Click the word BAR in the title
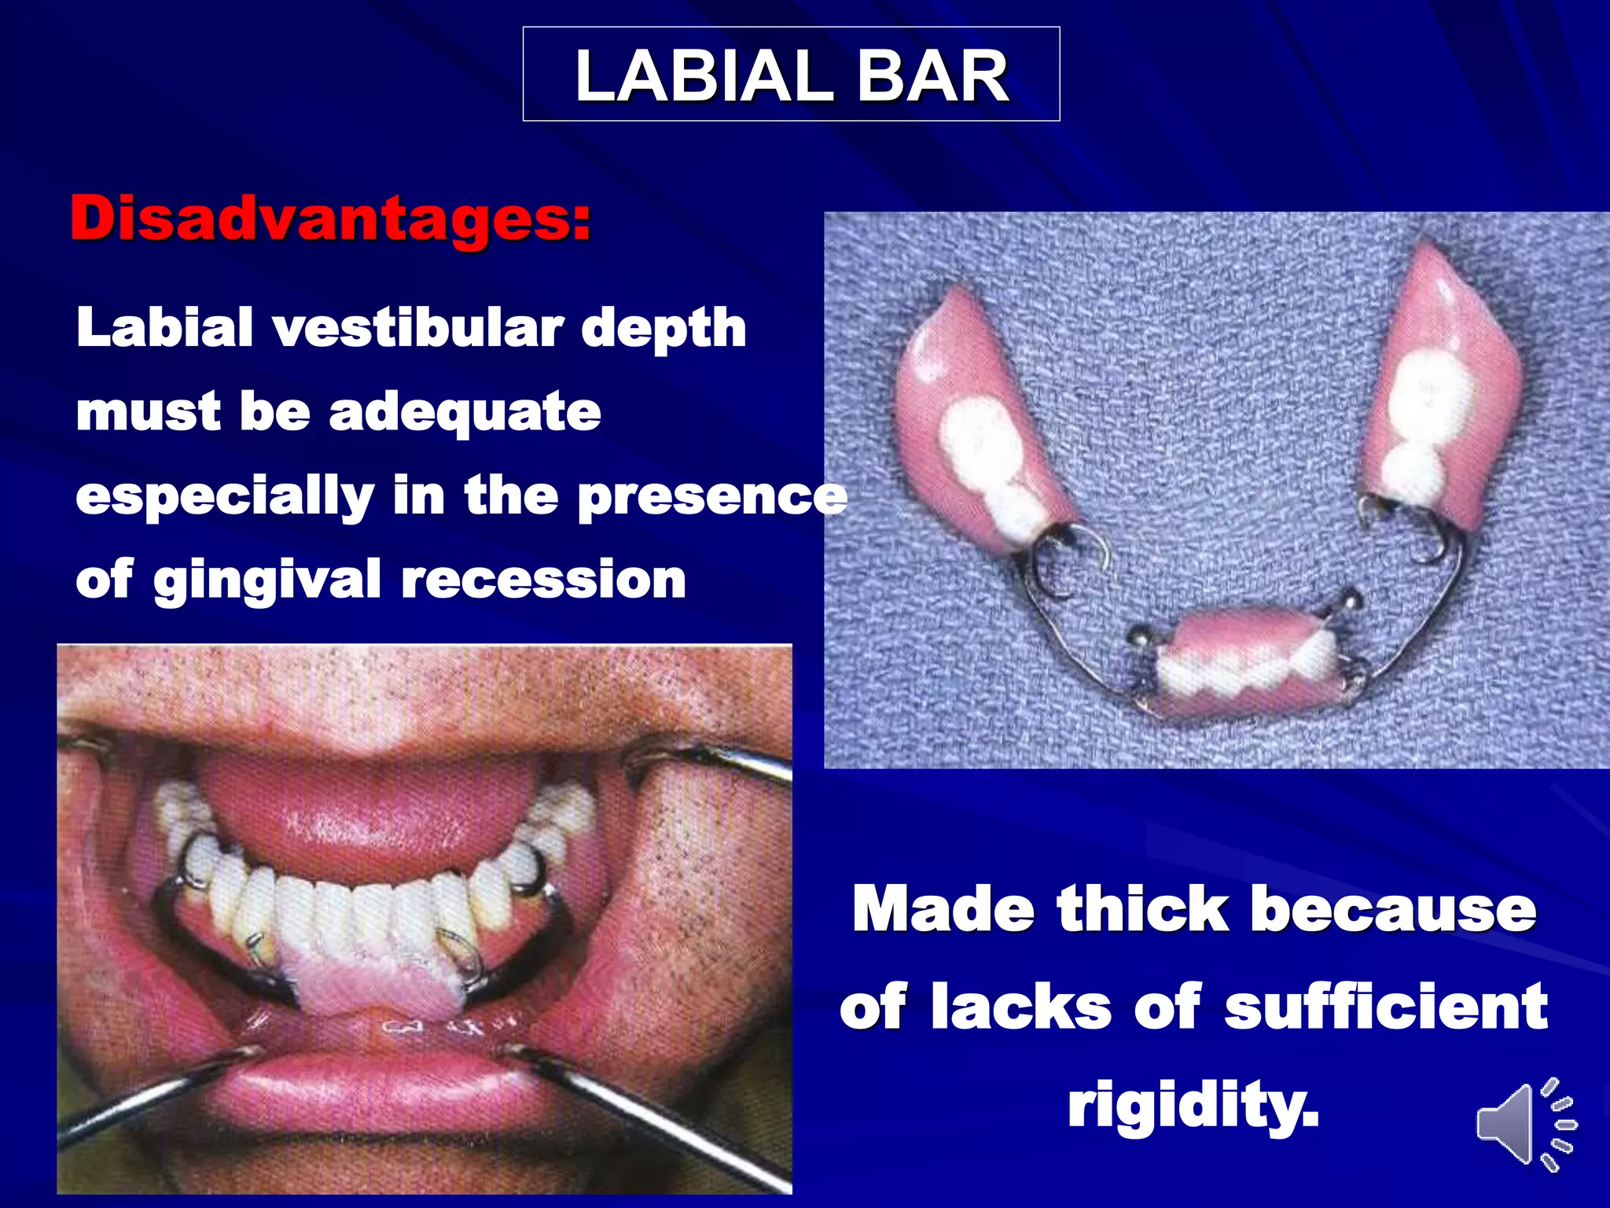(932, 76)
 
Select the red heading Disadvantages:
(330, 218)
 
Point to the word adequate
(465, 412)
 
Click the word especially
(224, 497)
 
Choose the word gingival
(267, 580)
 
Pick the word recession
(543, 580)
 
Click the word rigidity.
(1192, 1103)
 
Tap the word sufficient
(1385, 1007)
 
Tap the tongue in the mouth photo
(369, 810)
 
